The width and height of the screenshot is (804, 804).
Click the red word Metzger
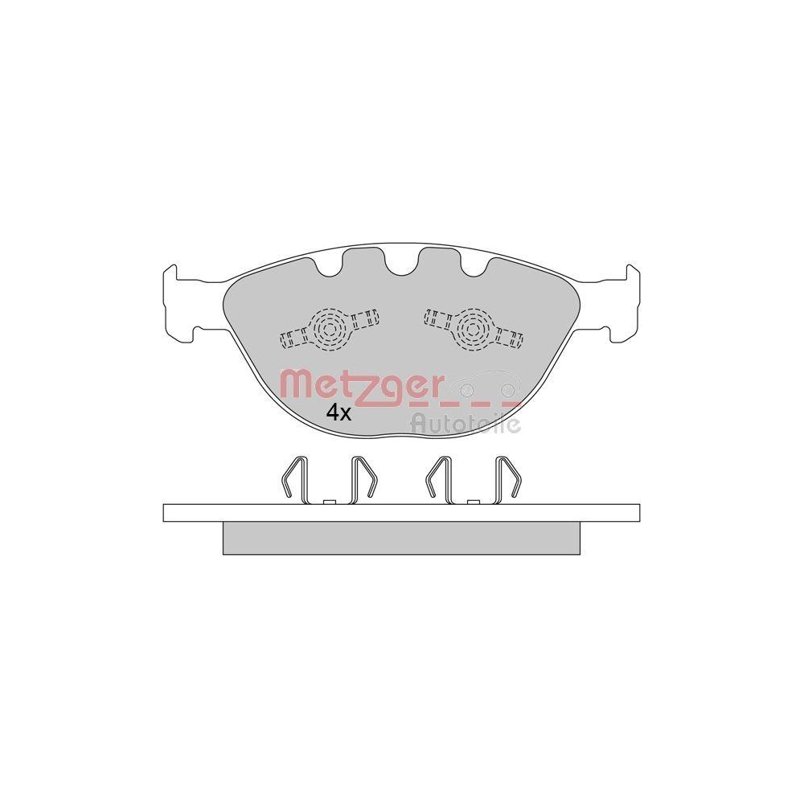[x=360, y=385]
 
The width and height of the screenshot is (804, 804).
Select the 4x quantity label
[x=338, y=413]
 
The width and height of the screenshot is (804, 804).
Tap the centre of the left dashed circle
[x=329, y=328]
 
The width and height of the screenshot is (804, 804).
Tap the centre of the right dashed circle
[x=471, y=326]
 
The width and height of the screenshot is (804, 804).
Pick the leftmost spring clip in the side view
[x=293, y=480]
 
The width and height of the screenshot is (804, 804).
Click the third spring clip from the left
[x=439, y=480]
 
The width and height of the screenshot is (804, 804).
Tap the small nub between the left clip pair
[x=327, y=502]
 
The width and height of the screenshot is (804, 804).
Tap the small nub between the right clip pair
[x=474, y=502]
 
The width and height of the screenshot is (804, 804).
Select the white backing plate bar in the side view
[x=401, y=512]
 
